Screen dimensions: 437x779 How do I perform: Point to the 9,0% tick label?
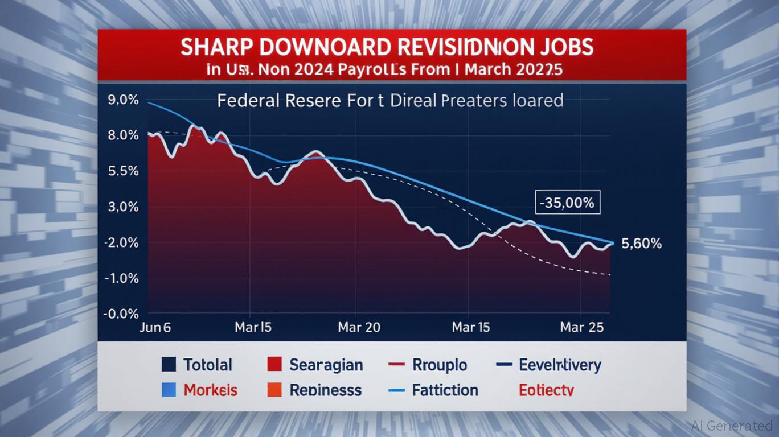pos(122,100)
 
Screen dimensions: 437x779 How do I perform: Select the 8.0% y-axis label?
pos(122,135)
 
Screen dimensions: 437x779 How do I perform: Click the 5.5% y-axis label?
pos(122,171)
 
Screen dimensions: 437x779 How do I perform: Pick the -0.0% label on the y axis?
pos(121,314)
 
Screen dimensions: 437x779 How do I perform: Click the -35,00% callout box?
pos(568,203)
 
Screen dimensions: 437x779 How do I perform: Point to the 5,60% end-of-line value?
pos(642,244)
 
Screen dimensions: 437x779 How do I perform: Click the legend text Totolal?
pos(208,365)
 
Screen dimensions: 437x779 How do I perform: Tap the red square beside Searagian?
pos(274,364)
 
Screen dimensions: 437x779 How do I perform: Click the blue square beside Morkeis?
pos(169,390)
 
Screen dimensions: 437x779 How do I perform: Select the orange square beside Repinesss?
pos(274,390)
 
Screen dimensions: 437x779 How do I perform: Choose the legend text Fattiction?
pos(445,390)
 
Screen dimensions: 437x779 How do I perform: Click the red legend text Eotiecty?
pos(546,390)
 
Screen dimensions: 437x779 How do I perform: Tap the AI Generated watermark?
pos(732,426)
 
